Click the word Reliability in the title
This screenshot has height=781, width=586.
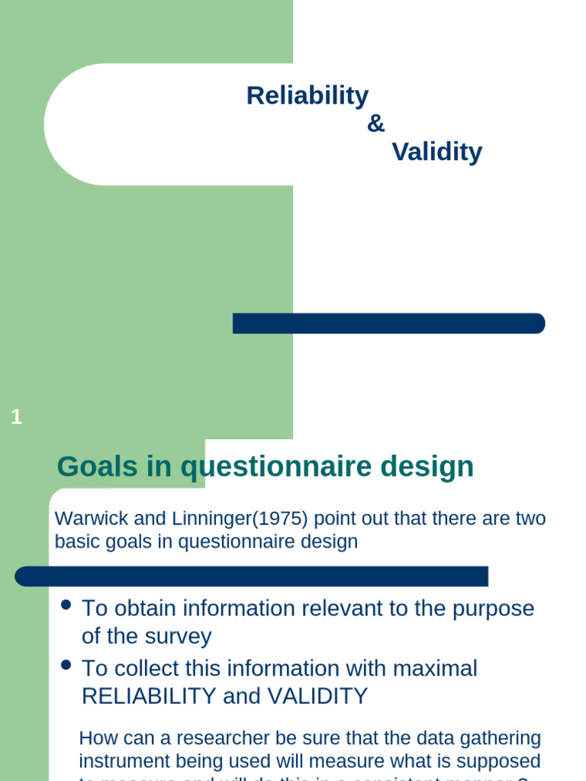[307, 96]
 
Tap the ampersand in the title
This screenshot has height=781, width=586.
[376, 124]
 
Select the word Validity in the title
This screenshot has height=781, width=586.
[436, 153]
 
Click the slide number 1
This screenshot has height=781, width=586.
[17, 417]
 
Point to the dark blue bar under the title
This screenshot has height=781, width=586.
[388, 323]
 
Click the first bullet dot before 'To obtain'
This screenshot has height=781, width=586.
[66, 605]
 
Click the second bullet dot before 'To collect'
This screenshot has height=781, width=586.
[66, 665]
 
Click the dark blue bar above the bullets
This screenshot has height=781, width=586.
[252, 577]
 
